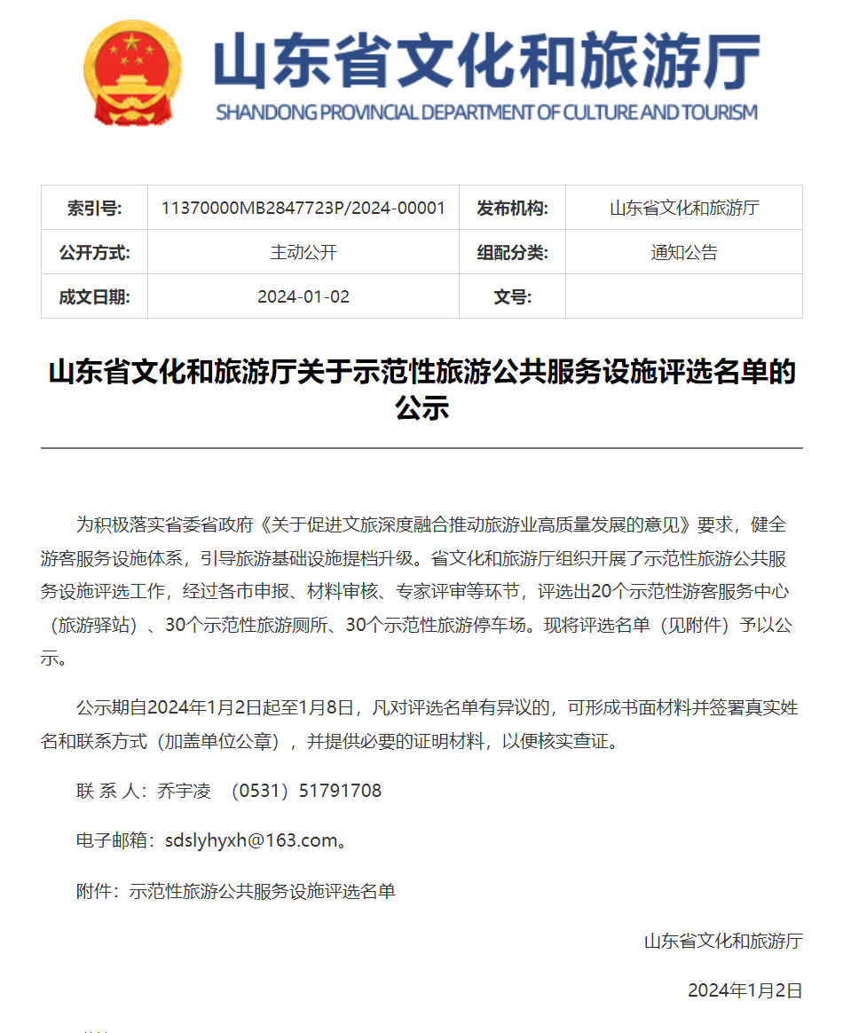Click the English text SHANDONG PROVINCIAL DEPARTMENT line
486,113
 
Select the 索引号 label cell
94,209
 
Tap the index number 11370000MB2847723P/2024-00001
303,209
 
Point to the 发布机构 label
512,209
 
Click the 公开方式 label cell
94,253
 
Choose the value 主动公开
303,253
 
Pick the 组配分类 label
512,253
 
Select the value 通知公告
683,253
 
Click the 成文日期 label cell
94,296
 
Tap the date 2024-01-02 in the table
303,296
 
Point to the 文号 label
512,296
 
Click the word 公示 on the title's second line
421,408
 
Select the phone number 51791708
341,791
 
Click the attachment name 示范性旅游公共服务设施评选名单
262,891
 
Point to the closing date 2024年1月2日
745,990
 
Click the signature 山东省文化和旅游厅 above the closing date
723,941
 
